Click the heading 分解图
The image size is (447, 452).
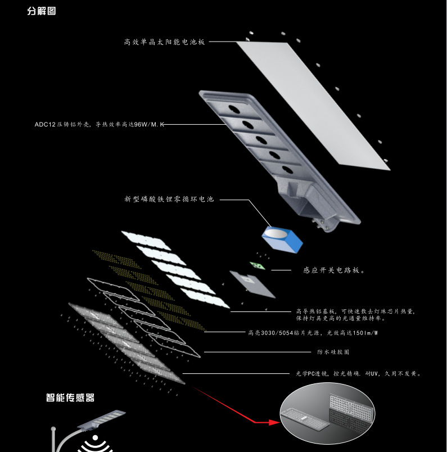click(42, 11)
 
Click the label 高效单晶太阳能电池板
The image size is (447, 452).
click(164, 42)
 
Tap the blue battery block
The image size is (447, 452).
click(282, 238)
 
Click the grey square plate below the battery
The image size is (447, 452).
click(252, 284)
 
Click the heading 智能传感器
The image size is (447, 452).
click(70, 398)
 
